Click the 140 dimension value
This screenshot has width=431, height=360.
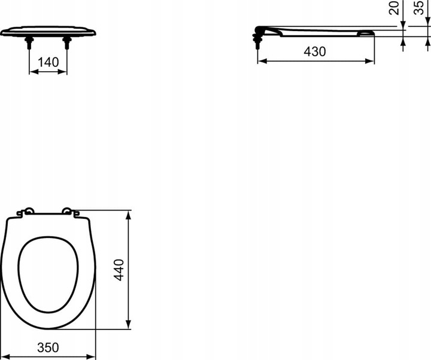coord(48,62)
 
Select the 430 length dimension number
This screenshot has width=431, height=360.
coord(314,52)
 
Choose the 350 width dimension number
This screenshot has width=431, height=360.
coord(47,347)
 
